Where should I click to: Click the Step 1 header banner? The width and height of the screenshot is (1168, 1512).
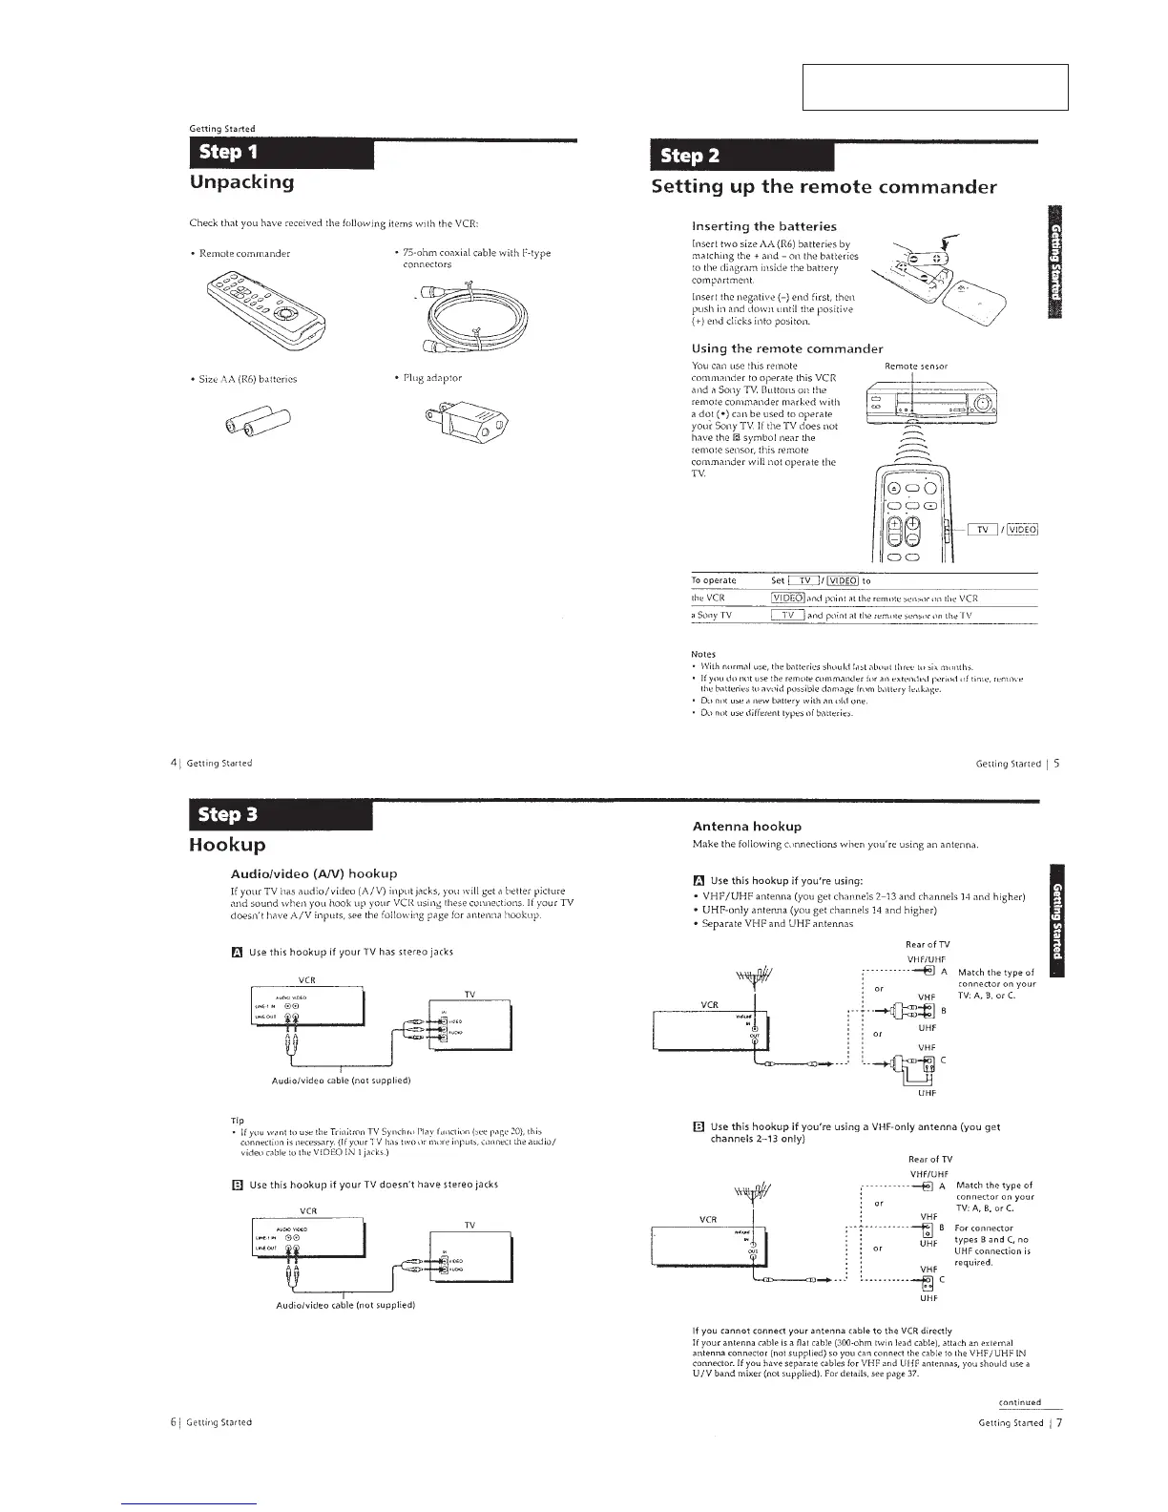(x=277, y=154)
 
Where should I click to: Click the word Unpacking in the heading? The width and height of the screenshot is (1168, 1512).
(x=242, y=182)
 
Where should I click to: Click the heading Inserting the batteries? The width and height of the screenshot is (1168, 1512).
(x=763, y=226)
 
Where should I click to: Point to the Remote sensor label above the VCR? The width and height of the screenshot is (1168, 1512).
(x=915, y=366)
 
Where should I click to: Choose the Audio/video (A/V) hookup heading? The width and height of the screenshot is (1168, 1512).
(x=314, y=873)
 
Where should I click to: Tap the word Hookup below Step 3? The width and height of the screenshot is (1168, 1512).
(x=227, y=845)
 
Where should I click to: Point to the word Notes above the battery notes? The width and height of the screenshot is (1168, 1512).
(x=702, y=654)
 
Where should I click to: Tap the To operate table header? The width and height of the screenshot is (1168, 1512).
(x=714, y=580)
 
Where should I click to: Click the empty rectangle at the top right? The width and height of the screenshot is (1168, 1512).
(x=935, y=88)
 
